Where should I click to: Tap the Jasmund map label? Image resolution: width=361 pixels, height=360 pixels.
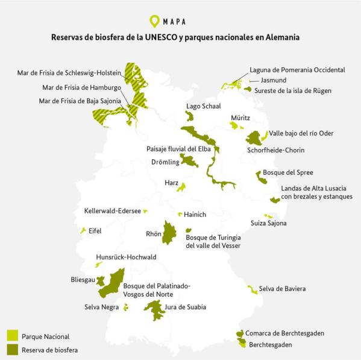[x=274, y=80]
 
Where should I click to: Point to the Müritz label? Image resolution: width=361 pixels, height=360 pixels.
[x=240, y=118]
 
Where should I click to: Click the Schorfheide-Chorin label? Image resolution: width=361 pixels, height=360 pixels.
[x=275, y=149]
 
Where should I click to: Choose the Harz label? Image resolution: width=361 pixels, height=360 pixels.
[x=171, y=182]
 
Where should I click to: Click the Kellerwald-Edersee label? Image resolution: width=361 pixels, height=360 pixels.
[x=112, y=211]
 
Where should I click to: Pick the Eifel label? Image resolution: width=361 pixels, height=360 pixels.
[x=95, y=231]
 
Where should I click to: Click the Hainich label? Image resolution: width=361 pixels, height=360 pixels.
[x=195, y=214]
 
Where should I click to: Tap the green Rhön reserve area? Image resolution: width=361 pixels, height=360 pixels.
[x=170, y=233]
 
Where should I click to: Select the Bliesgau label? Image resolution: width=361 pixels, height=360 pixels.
[x=83, y=280]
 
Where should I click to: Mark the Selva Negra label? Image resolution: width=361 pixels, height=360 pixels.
[x=101, y=308]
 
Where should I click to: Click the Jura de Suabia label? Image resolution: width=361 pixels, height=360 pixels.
[x=186, y=308]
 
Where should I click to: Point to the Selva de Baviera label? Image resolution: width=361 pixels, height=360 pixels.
[x=282, y=289]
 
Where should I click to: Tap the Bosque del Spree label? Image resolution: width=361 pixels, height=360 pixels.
[x=292, y=172]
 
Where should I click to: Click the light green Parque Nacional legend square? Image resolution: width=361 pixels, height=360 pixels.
[x=11, y=335]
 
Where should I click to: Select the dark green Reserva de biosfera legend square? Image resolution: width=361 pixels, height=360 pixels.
[x=11, y=349]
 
